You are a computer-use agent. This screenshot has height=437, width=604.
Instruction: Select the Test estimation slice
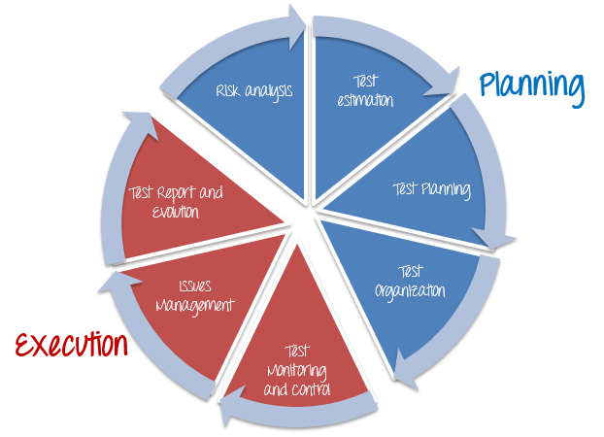coord(369,107)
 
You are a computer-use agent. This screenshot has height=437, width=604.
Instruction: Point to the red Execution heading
coord(70,345)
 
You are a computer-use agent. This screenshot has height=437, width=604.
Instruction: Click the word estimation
coord(366,100)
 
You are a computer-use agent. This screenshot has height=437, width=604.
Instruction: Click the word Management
coord(201,304)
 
